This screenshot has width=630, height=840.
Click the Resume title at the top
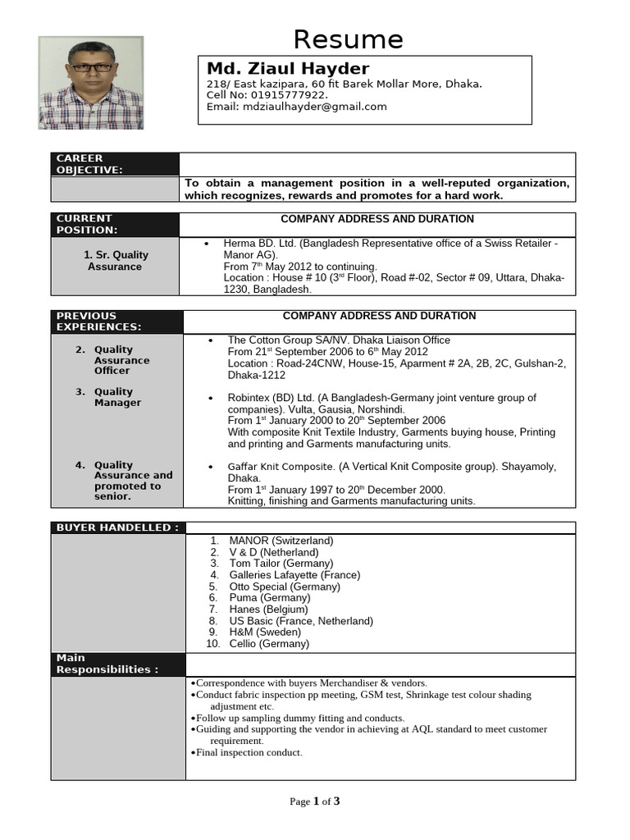tap(349, 39)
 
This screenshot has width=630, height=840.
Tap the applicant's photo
tap(91, 82)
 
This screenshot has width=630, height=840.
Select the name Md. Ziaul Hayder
tap(288, 68)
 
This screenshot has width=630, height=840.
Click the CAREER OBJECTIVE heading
tap(89, 164)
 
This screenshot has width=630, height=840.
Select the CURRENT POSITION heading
tap(86, 224)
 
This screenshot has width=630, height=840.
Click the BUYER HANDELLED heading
tap(116, 527)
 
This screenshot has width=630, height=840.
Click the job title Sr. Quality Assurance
tap(115, 261)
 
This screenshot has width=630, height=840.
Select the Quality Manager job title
tap(117, 397)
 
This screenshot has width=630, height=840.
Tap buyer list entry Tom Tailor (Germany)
tap(281, 564)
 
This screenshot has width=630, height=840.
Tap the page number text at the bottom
tap(314, 801)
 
